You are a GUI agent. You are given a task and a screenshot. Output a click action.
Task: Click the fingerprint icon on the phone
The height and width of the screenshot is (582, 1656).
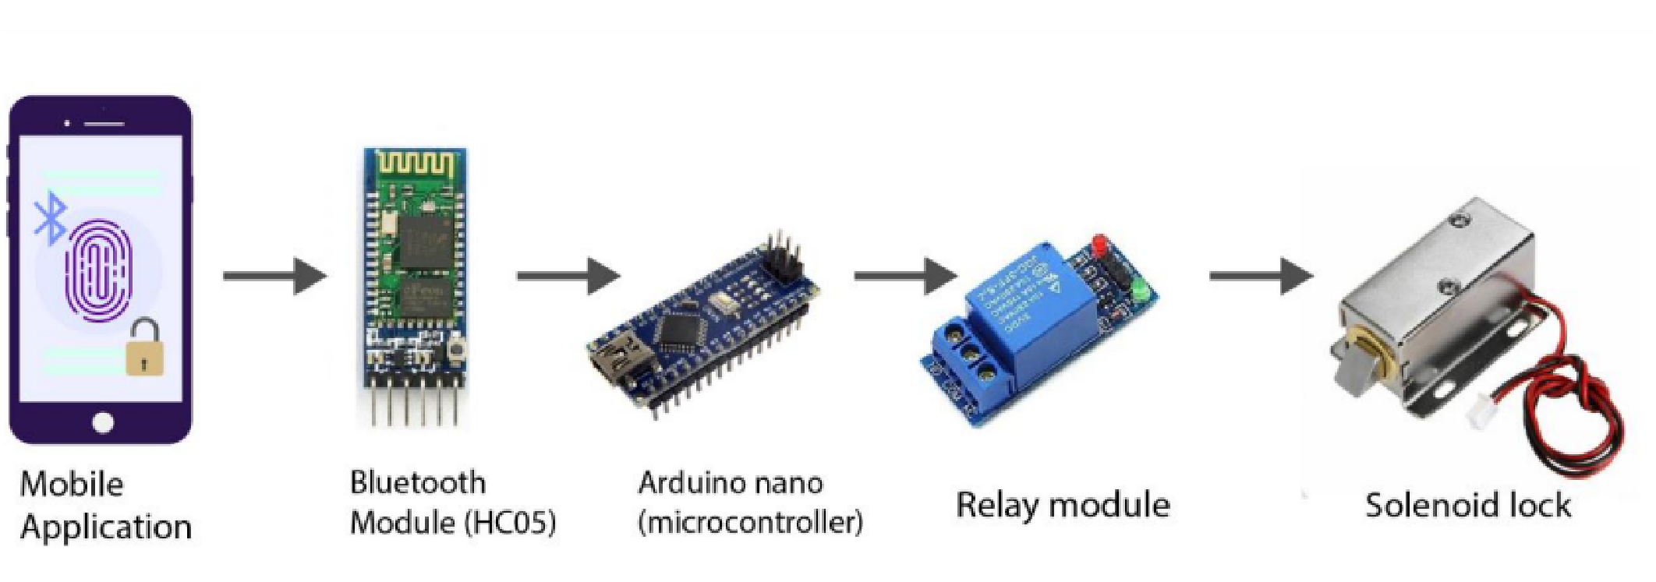99,269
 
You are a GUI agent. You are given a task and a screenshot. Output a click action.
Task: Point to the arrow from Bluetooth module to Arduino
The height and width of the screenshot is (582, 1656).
568,276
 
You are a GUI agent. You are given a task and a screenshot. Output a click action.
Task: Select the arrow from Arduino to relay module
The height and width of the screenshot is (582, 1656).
905,276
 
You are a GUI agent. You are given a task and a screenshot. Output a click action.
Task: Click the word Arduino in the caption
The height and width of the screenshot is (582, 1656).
687,484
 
